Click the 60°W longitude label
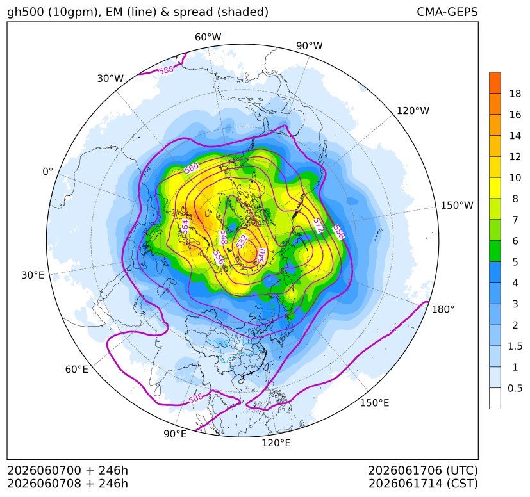click(x=208, y=37)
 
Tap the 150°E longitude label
click(x=374, y=403)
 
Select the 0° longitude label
click(x=47, y=172)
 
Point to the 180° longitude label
click(x=443, y=309)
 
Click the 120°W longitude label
click(x=413, y=111)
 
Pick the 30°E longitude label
click(x=33, y=275)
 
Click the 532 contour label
click(x=242, y=241)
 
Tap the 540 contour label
click(x=262, y=256)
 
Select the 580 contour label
click(x=192, y=168)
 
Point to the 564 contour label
click(x=185, y=227)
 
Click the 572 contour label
click(x=319, y=225)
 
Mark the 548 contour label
click(x=223, y=238)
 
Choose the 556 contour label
click(x=219, y=257)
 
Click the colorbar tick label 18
click(x=515, y=94)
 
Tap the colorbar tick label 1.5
click(x=515, y=346)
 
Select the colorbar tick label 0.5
click(x=515, y=388)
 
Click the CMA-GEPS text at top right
click(x=447, y=12)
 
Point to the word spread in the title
click(x=192, y=13)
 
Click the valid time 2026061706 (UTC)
click(x=423, y=470)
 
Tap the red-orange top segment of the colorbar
click(x=495, y=83)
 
